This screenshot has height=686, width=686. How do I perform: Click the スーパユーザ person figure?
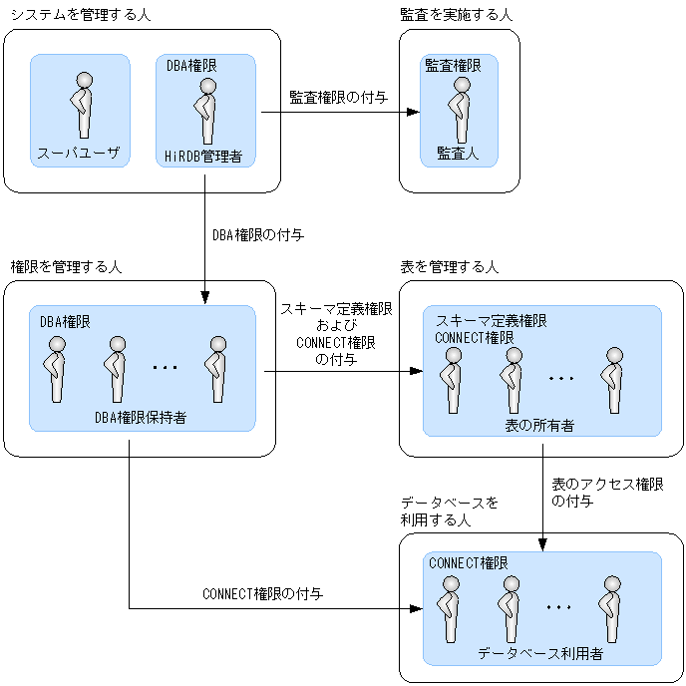pyautogui.click(x=82, y=105)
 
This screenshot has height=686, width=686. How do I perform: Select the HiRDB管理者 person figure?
pyautogui.click(x=206, y=111)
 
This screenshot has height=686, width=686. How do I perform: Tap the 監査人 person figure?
pyautogui.click(x=459, y=111)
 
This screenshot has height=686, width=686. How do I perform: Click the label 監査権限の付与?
pyautogui.click(x=338, y=98)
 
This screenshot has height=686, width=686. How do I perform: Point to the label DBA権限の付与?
pyautogui.click(x=257, y=236)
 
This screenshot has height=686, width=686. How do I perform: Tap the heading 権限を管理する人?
pyautogui.click(x=66, y=267)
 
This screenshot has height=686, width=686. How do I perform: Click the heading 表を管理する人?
pyautogui.click(x=449, y=267)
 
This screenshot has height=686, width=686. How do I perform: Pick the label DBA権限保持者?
pyautogui.click(x=140, y=418)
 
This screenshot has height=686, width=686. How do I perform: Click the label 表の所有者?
pyautogui.click(x=539, y=426)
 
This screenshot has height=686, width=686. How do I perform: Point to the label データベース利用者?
pyautogui.click(x=539, y=654)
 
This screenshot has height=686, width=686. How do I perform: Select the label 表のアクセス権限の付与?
pyautogui.click(x=607, y=493)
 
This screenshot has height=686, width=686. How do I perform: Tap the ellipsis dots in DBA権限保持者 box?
pyautogui.click(x=165, y=368)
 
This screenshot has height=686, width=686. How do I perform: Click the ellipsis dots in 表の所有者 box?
pyautogui.click(x=561, y=379)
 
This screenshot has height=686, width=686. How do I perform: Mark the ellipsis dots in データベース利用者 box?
pyautogui.click(x=558, y=607)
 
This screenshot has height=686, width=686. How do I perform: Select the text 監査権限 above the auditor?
pyautogui.click(x=454, y=66)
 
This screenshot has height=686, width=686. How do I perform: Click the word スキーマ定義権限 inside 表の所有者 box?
pyautogui.click(x=491, y=321)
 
